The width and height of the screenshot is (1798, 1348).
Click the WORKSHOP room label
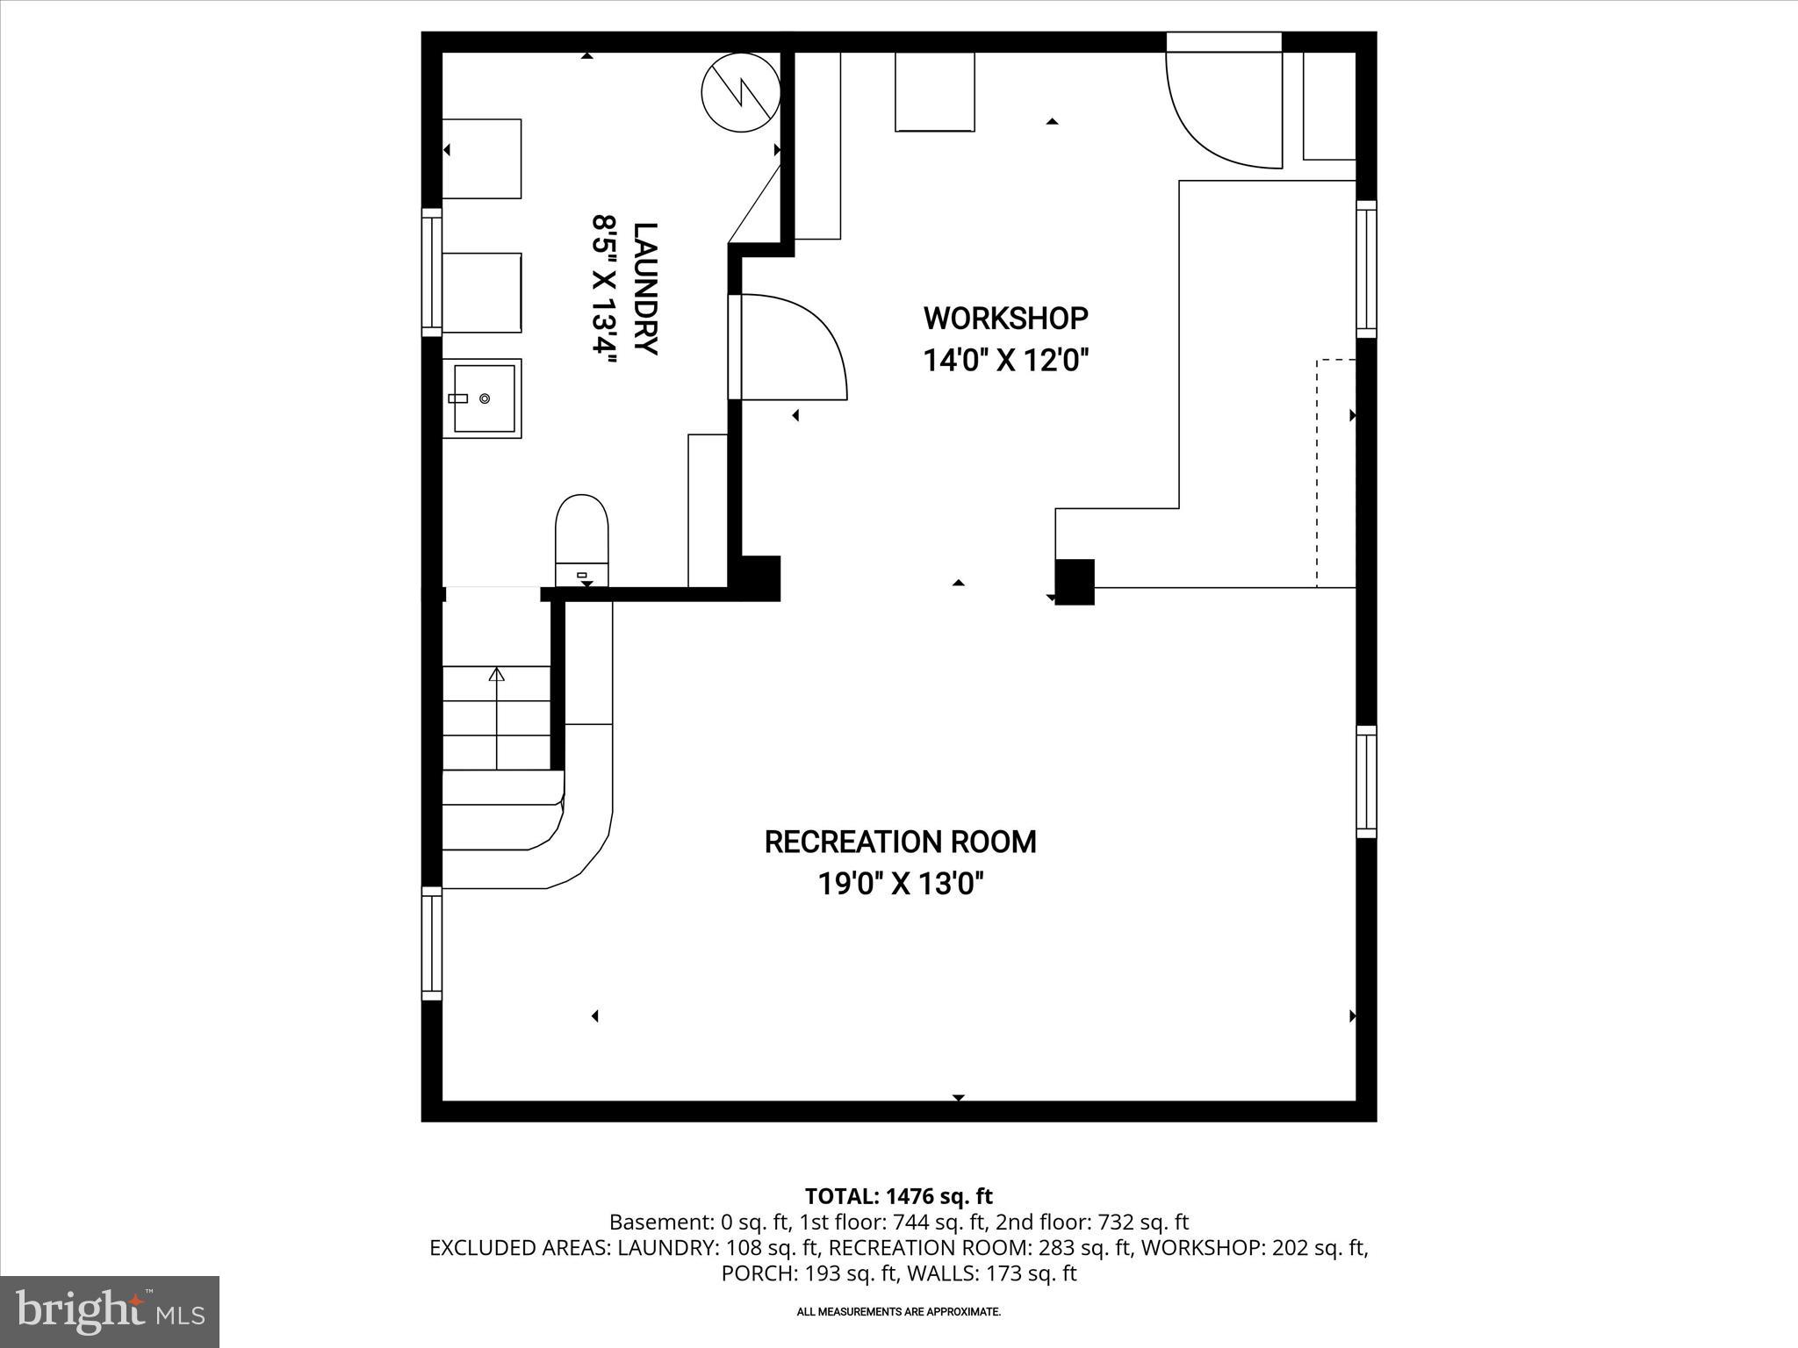click(x=1005, y=319)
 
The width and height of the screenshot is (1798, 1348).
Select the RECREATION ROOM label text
click(x=900, y=842)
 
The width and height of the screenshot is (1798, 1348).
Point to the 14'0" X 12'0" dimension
click(x=1005, y=360)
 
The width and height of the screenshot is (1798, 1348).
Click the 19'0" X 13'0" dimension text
click(x=900, y=884)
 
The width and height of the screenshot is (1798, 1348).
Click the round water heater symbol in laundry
click(x=741, y=92)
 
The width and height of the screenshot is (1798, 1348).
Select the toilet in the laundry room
click(x=581, y=538)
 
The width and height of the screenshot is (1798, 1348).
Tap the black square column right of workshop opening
click(x=1075, y=582)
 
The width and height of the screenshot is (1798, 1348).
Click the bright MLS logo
click(x=110, y=1312)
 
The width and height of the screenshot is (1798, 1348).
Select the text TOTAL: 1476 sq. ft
click(x=898, y=1196)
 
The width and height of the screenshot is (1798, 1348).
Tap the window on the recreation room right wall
click(x=1366, y=781)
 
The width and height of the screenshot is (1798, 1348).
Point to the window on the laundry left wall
click(x=431, y=272)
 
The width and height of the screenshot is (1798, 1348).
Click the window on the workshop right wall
click(x=1366, y=269)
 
